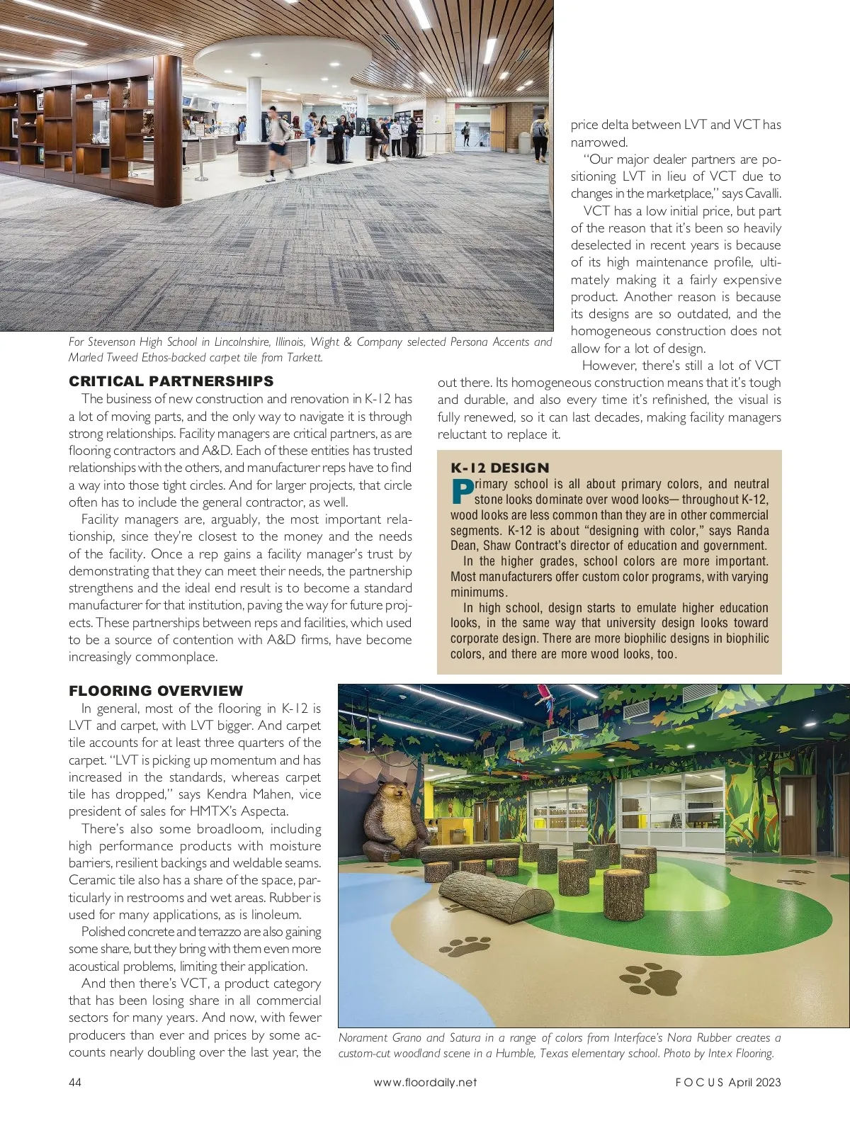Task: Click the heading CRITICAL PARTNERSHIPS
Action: pyautogui.click(x=171, y=381)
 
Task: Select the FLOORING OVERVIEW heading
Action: pyautogui.click(x=156, y=691)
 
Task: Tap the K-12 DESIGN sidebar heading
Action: pyautogui.click(x=500, y=468)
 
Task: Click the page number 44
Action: pyautogui.click(x=75, y=1082)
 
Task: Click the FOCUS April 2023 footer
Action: pyautogui.click(x=728, y=1082)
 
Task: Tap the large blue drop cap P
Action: pyautogui.click(x=461, y=492)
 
